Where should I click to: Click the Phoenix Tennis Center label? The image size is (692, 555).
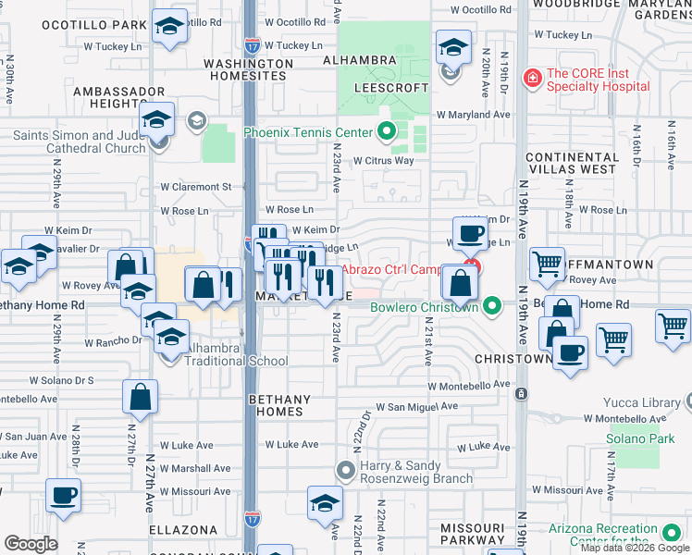[x=307, y=132]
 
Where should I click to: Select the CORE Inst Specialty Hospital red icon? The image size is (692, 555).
[x=532, y=77]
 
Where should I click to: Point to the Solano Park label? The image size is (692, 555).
[x=641, y=438]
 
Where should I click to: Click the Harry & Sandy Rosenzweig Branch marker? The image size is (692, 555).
[x=346, y=470]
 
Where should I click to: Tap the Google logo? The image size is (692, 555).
[x=31, y=544]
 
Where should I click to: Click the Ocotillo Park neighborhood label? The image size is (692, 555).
[x=106, y=24]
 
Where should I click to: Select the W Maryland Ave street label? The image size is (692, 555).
[x=474, y=115]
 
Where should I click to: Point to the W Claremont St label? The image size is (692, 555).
[x=201, y=186]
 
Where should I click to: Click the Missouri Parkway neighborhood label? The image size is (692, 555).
[x=472, y=534]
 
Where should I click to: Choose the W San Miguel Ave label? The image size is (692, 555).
[x=416, y=406]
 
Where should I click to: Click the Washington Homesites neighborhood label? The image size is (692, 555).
[x=248, y=70]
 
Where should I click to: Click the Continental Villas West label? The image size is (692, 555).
[x=572, y=163]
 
